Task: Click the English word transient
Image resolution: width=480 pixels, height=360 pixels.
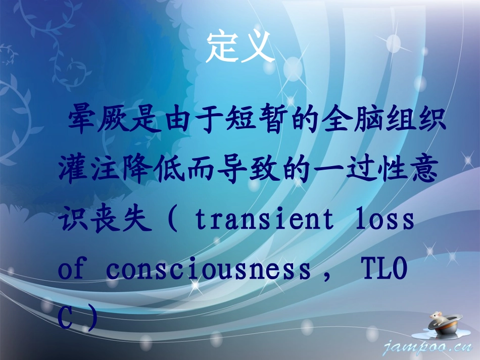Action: (264, 221)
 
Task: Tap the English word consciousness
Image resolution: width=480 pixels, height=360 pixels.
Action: (208, 270)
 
